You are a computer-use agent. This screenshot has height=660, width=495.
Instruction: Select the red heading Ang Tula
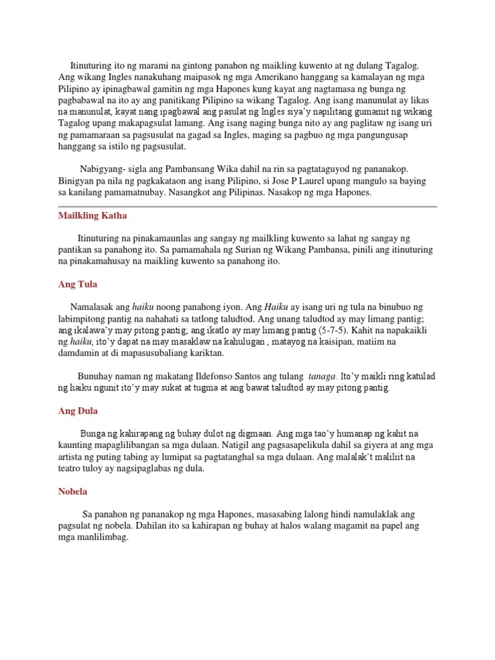(77, 284)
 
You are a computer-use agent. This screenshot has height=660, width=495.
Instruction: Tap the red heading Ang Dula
(77, 411)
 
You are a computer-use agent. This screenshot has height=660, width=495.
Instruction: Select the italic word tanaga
(322, 376)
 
